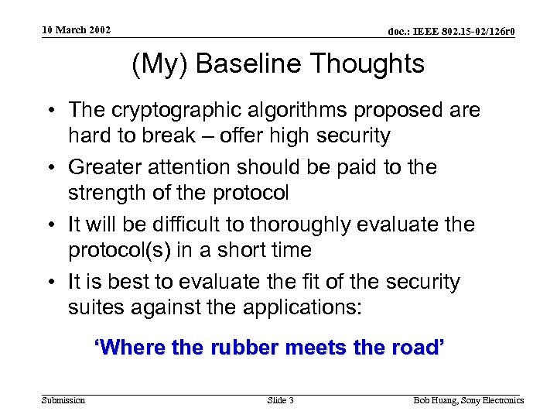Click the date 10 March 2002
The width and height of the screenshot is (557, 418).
click(x=77, y=30)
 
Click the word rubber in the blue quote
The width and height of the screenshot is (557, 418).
click(x=245, y=348)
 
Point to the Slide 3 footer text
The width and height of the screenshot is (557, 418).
click(x=280, y=400)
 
